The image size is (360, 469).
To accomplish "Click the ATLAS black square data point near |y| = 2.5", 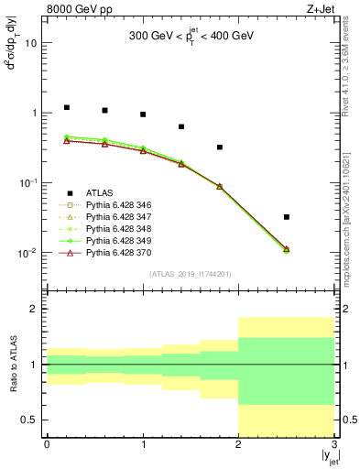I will (287, 217).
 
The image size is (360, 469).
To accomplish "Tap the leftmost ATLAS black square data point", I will (66, 107).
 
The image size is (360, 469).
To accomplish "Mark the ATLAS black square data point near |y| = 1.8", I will (220, 147).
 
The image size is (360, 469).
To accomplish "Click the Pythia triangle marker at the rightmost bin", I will (287, 249).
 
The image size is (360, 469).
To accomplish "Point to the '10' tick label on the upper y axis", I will (32, 43).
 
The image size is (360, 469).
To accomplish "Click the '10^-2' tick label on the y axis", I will (28, 253).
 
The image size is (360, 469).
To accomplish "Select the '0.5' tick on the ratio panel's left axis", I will (30, 420).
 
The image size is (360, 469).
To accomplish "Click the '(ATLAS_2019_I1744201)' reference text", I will (191, 274).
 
